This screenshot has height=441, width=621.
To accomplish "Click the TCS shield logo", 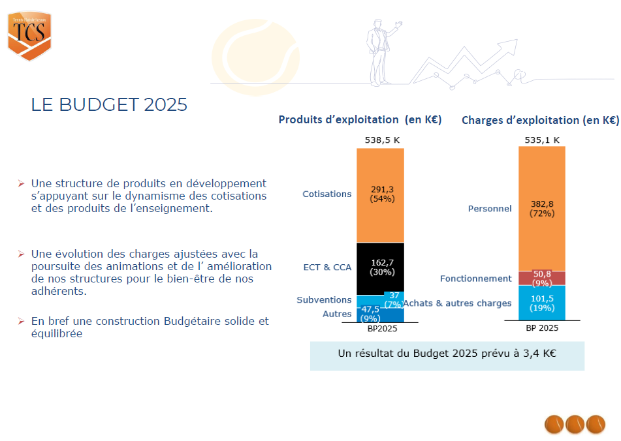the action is pyautogui.click(x=29, y=36).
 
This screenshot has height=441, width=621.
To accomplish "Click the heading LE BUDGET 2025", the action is pyautogui.click(x=109, y=105).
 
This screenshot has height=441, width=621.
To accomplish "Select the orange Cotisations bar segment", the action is pyautogui.click(x=380, y=196).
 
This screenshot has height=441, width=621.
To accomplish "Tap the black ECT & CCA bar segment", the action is pyautogui.click(x=380, y=269).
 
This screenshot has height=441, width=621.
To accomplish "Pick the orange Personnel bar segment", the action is pyautogui.click(x=542, y=209).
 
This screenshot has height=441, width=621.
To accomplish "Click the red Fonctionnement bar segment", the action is pyautogui.click(x=542, y=278).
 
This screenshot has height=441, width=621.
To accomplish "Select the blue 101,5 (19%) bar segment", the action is pyautogui.click(x=542, y=303).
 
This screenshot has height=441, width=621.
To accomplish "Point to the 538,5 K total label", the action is pyautogui.click(x=382, y=140).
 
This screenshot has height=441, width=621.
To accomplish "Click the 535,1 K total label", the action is pyautogui.click(x=542, y=140).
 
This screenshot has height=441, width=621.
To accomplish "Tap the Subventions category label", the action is pyautogui.click(x=324, y=300).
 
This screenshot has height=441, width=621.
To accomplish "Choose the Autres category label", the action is pyautogui.click(x=337, y=314).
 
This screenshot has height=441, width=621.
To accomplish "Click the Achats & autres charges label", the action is pyautogui.click(x=458, y=303).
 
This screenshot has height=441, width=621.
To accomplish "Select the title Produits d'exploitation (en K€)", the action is pyautogui.click(x=360, y=119).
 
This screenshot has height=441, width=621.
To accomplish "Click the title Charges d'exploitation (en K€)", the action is pyautogui.click(x=540, y=120).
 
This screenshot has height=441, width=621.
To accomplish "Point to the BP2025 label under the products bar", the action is pyautogui.click(x=382, y=329).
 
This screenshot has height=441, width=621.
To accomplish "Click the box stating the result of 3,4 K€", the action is pyautogui.click(x=447, y=356).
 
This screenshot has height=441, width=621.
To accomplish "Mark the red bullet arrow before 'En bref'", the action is pyautogui.click(x=22, y=321).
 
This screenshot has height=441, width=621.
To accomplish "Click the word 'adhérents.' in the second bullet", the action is pyautogui.click(x=59, y=291).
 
